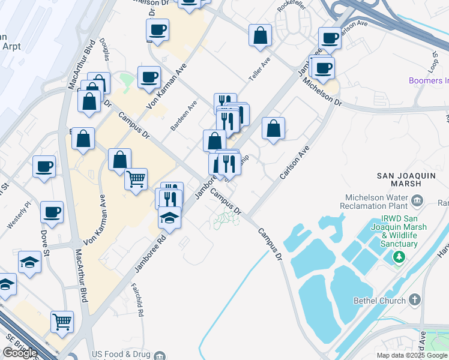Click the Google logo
[20, 353]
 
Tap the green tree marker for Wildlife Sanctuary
[397, 257]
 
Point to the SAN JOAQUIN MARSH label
[405, 181]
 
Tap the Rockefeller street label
[288, 5]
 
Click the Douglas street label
[107, 52]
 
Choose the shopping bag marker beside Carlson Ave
[273, 128]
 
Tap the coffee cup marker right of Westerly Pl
[52, 212]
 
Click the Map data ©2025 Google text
[411, 355]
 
